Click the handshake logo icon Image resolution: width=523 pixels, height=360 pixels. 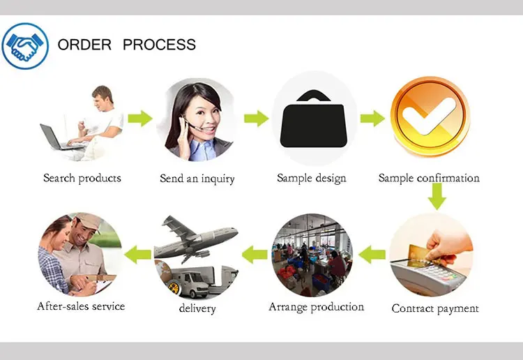pos(25,46)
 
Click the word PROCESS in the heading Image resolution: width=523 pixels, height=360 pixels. pos(160,45)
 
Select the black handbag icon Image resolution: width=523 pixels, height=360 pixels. pos(314,119)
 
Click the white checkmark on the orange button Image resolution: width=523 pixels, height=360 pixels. pos(429,116)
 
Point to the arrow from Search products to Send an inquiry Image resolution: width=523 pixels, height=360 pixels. pos(140,119)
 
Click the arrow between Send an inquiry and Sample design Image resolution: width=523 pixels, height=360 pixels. pos(257,119)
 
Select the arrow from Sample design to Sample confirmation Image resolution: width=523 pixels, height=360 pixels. pos(372,119)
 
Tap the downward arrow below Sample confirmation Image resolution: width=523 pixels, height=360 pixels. pos(437,196)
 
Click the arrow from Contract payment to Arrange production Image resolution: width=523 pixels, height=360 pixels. pos(372,255)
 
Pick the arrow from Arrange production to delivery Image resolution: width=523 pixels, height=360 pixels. pos(255,255)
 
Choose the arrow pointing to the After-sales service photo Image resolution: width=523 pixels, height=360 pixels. pos(137,255)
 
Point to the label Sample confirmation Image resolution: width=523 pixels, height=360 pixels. pos(429,178)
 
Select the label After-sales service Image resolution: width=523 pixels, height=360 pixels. pos(81,306)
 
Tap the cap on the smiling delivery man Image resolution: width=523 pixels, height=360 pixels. pos(87,221)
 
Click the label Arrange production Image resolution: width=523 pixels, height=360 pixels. pos(316,307)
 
